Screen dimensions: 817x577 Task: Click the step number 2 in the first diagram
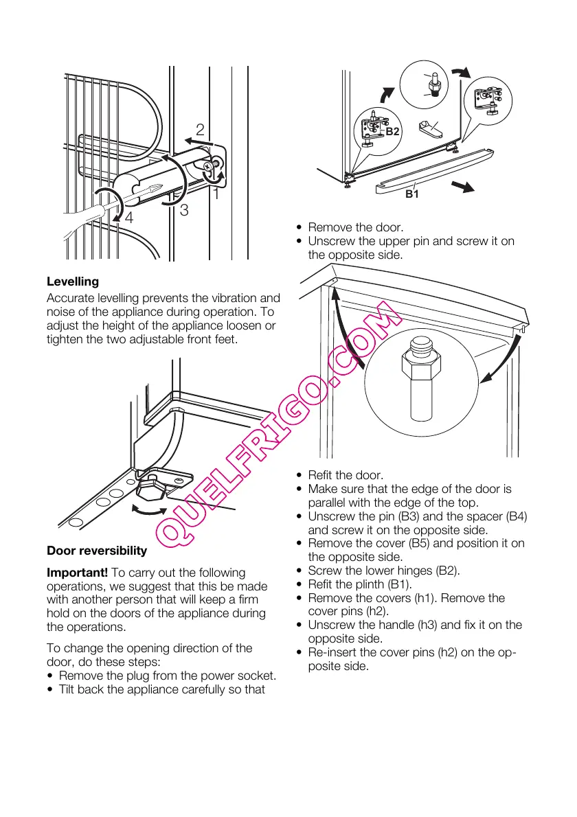pyautogui.click(x=200, y=129)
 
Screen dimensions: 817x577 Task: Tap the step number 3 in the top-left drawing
pyautogui.click(x=184, y=211)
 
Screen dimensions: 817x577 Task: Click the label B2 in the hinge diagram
pyautogui.click(x=392, y=131)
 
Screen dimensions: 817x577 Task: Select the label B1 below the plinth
pyautogui.click(x=411, y=194)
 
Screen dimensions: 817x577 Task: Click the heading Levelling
pyautogui.click(x=73, y=281)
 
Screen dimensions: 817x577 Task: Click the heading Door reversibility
pyautogui.click(x=97, y=551)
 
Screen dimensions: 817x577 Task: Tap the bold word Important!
pyautogui.click(x=77, y=573)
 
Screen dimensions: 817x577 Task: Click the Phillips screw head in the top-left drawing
pyautogui.click(x=215, y=164)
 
